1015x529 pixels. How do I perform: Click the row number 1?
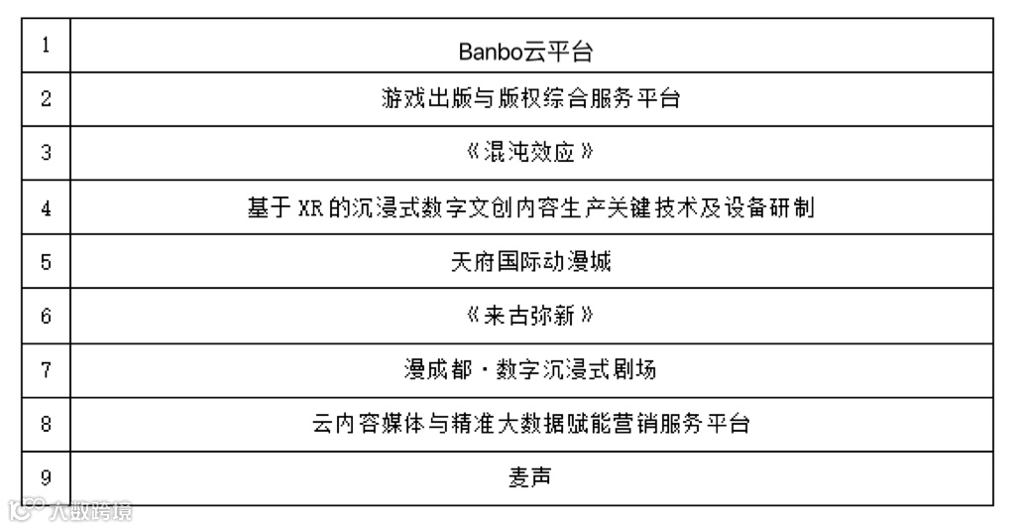pos(47,47)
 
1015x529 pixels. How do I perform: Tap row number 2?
pos(47,100)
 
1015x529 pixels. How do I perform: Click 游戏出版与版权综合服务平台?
pos(531,99)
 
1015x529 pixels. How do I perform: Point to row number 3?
pos(47,154)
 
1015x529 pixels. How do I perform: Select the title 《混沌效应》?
pos(531,154)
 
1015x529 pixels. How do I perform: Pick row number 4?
pos(47,208)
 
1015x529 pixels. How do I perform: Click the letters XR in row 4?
pos(312,208)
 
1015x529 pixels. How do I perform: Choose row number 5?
pos(47,263)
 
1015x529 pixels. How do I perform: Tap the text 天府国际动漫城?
pos(531,263)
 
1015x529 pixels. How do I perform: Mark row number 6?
pos(47,317)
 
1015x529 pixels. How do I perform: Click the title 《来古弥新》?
pos(531,317)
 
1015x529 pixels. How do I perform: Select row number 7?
pos(47,370)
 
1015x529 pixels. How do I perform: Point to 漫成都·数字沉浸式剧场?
pos(531,370)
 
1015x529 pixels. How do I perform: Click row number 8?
pos(47,425)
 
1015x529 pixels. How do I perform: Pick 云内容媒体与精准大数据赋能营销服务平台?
pos(531,425)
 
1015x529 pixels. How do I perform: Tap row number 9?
pos(47,478)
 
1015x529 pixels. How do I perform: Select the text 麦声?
pos(531,478)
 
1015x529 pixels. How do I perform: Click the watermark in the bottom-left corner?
pos(69,511)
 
